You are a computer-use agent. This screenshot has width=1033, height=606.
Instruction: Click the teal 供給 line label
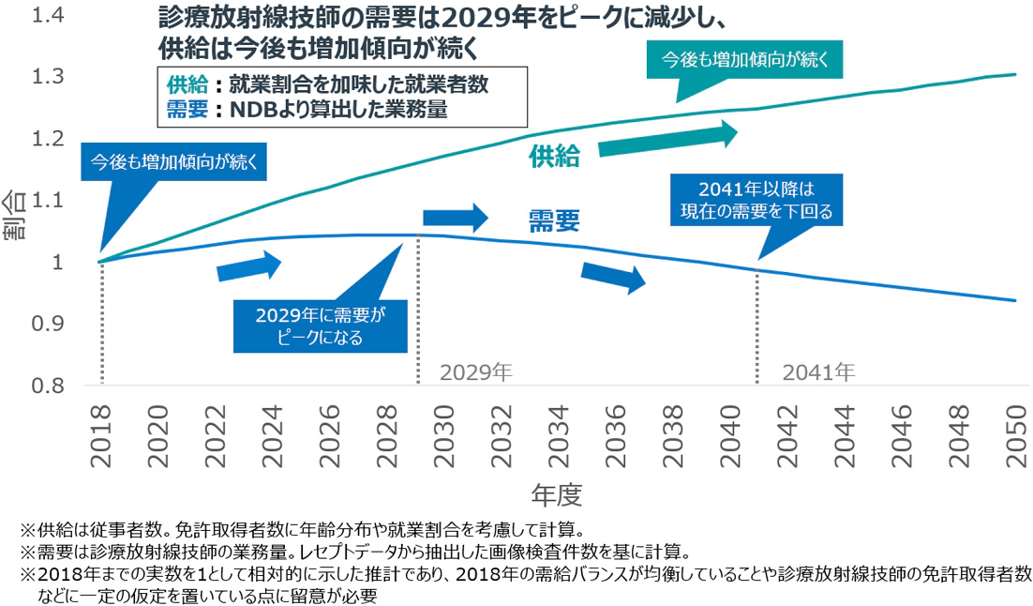553,157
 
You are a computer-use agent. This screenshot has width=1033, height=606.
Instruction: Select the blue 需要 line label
553,220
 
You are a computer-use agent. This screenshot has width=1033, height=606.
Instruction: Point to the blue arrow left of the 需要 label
456,218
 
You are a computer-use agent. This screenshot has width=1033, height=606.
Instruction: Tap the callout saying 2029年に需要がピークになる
321,324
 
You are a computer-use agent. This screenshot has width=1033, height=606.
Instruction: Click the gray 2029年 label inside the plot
477,371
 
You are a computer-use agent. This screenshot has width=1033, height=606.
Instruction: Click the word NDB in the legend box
259,110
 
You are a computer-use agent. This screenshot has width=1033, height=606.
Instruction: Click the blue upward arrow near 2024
248,266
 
